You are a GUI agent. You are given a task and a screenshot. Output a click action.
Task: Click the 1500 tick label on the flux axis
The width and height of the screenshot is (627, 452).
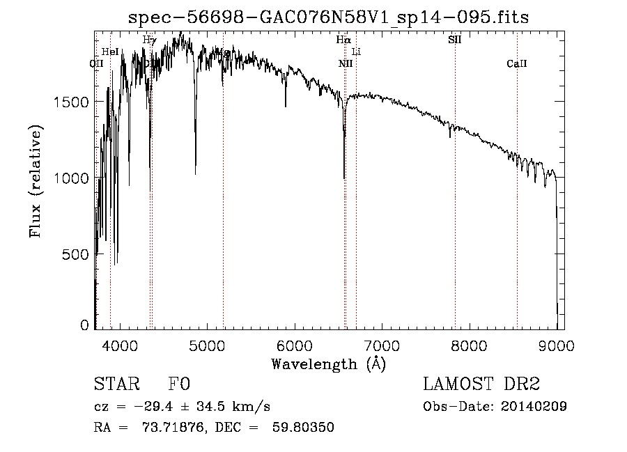coord(72,102)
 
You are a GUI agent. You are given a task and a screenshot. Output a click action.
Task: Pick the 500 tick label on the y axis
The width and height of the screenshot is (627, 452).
coord(77,255)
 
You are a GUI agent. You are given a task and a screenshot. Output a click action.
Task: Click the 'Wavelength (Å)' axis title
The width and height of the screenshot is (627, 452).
coord(328,364)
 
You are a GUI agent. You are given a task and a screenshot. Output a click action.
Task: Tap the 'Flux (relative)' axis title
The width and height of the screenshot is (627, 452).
coord(36,181)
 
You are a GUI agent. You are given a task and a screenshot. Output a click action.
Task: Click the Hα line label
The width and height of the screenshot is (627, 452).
coord(343,40)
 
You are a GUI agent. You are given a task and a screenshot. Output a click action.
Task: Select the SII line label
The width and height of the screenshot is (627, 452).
coord(454,40)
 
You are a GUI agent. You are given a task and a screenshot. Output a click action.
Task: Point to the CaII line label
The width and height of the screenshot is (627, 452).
coord(517,64)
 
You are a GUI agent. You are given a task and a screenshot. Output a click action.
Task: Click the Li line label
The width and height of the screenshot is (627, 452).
coord(356,52)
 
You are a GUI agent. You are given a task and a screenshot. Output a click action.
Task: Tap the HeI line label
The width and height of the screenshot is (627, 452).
coord(110,52)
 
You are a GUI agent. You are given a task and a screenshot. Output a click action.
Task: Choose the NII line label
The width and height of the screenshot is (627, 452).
coord(346,64)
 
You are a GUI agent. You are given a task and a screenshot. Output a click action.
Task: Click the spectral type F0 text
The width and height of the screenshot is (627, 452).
coord(180,385)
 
